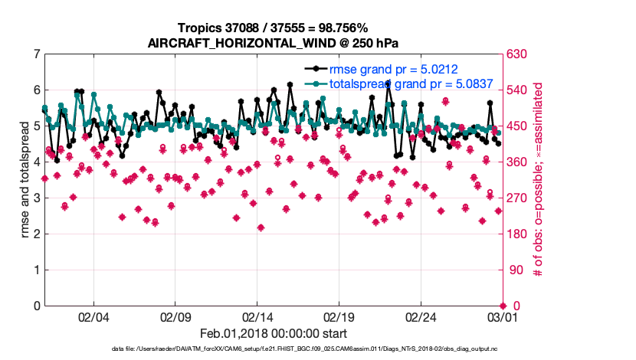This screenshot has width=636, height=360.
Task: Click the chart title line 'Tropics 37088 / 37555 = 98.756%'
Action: pyautogui.click(x=273, y=28)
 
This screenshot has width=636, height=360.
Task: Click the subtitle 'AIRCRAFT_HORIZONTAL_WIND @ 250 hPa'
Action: pyautogui.click(x=273, y=43)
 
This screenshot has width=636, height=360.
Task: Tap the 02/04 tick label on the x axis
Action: pyautogui.click(x=94, y=316)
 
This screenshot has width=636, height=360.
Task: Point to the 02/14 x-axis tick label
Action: pyautogui.click(x=257, y=316)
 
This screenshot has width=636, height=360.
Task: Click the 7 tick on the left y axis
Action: pyautogui.click(x=36, y=54)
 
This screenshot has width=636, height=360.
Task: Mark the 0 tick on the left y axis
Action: pyautogui.click(x=36, y=306)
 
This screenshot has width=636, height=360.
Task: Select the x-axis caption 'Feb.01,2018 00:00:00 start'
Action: pyautogui.click(x=273, y=333)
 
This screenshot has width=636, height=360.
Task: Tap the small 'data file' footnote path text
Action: pyautogui.click(x=273, y=349)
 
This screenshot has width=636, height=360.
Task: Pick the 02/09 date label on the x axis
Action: pyautogui.click(x=175, y=316)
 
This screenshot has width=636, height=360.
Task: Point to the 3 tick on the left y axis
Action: pyautogui.click(x=36, y=198)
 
